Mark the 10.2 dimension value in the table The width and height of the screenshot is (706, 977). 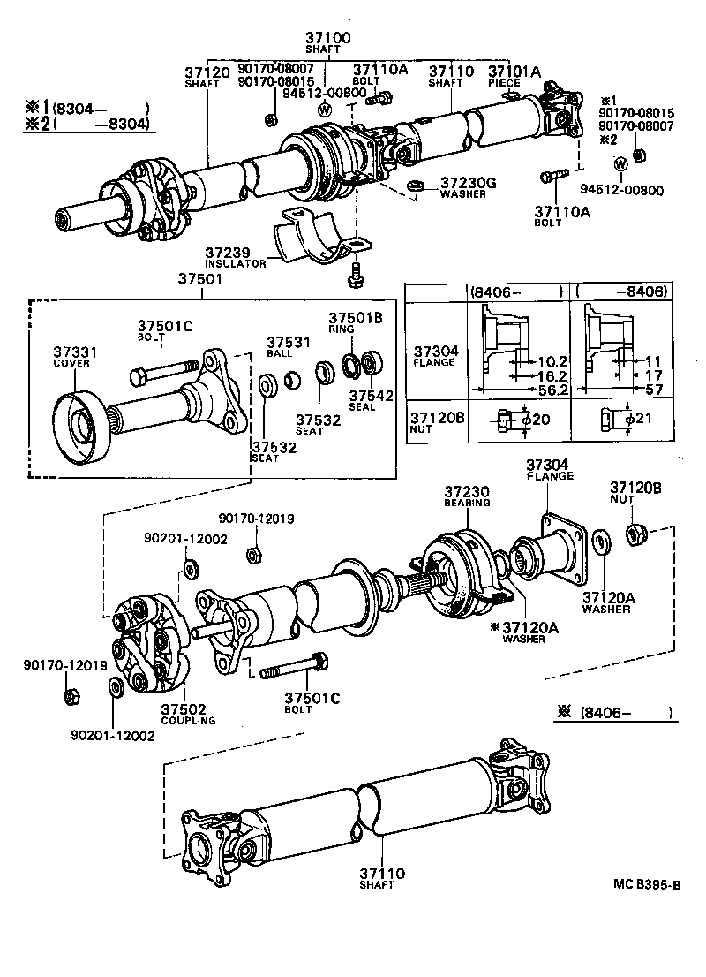[x=538, y=361]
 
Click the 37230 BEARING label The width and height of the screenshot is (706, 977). [x=466, y=495]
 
